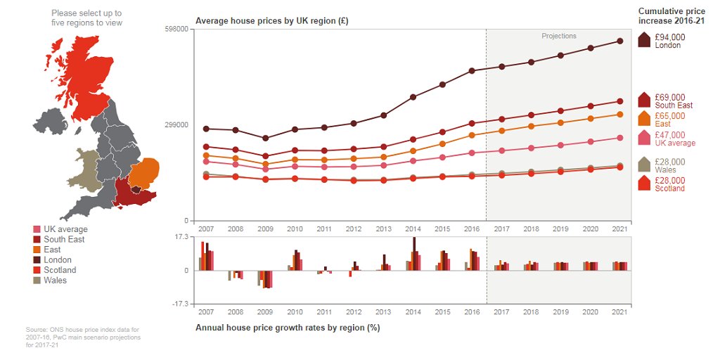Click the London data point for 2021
619,41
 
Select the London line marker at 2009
265,139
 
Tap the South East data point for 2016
472,124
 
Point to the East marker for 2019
560,122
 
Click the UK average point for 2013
383,165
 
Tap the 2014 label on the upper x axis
413,229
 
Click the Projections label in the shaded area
558,36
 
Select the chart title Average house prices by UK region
271,20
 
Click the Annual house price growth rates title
287,328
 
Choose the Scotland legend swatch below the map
37,270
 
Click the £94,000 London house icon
643,41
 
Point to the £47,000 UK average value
669,135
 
